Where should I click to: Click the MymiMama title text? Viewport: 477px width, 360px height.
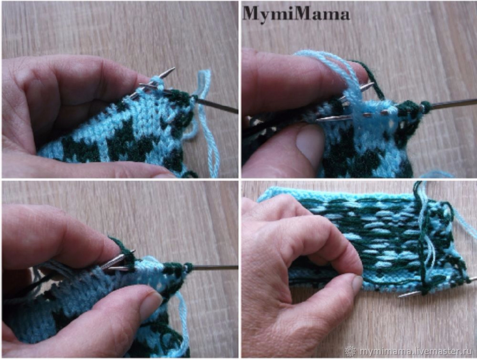[x=296, y=14]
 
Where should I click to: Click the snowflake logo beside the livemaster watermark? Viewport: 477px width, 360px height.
[x=351, y=351]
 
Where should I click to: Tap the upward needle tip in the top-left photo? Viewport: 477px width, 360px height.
[x=170, y=70]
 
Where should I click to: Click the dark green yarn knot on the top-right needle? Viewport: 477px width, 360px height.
[x=425, y=107]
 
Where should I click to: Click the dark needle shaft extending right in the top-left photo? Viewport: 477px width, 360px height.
[x=216, y=105]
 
